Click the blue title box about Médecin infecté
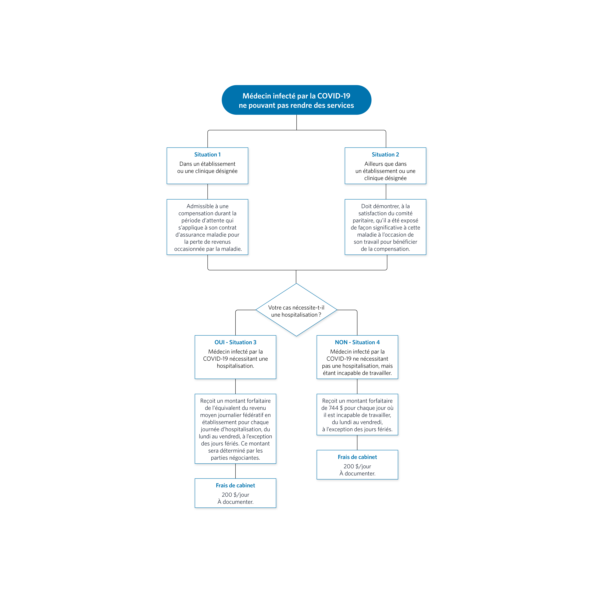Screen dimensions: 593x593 [297, 100]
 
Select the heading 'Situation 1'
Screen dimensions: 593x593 [208, 155]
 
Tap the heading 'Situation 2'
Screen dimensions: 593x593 [385, 155]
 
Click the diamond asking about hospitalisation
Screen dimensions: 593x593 [297, 310]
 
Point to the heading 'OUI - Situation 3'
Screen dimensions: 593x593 [235, 342]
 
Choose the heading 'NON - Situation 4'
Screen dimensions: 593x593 [357, 342]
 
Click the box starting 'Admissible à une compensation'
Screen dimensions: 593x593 [208, 227]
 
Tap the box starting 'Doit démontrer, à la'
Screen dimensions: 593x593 [385, 227]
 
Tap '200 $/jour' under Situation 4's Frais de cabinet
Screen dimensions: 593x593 [357, 467]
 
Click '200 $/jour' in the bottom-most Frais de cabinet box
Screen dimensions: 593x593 [235, 495]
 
